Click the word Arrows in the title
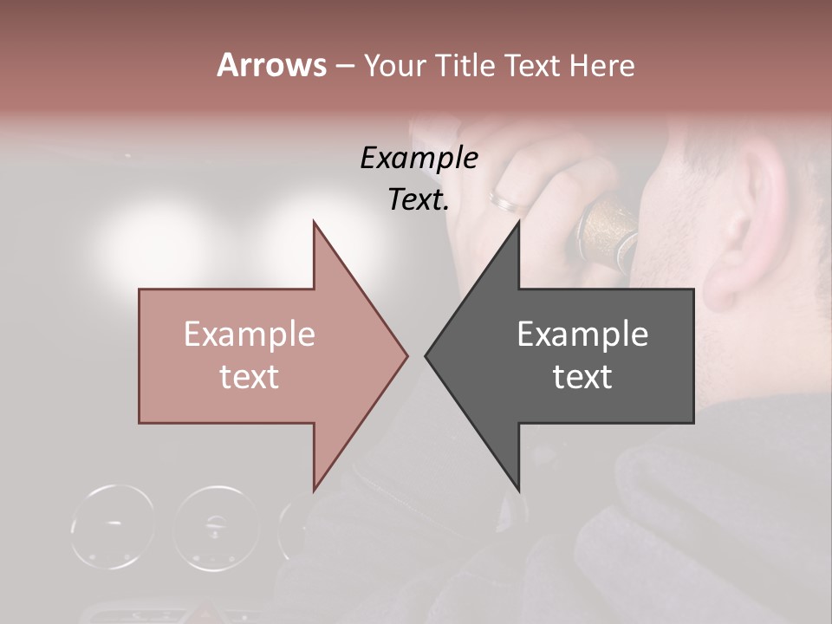click(x=271, y=65)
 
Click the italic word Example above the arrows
click(x=419, y=158)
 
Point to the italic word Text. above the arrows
click(x=419, y=199)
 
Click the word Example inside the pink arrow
click(x=250, y=334)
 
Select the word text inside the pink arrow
click(x=250, y=376)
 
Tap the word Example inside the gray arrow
click(x=582, y=334)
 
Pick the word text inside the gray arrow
click(x=582, y=376)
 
